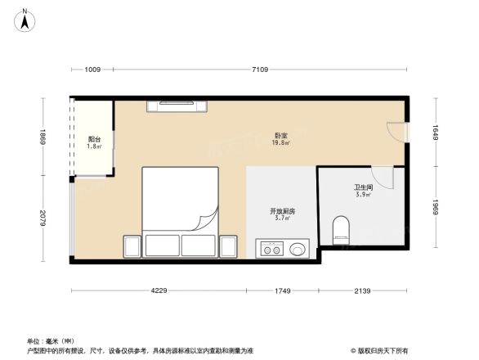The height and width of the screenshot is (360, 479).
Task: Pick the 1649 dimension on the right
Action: tap(436, 133)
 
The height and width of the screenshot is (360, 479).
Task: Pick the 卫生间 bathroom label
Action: tap(363, 191)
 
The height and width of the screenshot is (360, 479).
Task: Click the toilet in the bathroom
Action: tap(342, 230)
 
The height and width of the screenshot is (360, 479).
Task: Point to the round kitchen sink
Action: tap(299, 249)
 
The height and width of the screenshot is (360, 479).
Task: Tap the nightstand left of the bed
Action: tap(132, 245)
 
